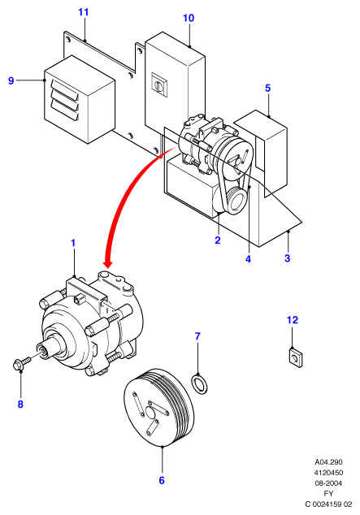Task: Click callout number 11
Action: [x=84, y=12]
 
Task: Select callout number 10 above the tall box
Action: [x=189, y=18]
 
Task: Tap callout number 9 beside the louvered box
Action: [x=11, y=80]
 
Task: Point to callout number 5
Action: [x=267, y=88]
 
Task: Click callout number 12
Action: [x=293, y=319]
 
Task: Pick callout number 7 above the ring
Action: [x=197, y=336]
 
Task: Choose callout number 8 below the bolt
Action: [x=20, y=404]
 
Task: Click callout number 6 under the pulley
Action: [x=162, y=480]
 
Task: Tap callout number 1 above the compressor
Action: [x=73, y=244]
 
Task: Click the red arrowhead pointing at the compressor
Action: [x=108, y=263]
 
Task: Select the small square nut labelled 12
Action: [x=296, y=357]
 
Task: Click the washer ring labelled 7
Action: [x=199, y=384]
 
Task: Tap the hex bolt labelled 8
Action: [x=22, y=363]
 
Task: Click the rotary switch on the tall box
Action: [x=159, y=84]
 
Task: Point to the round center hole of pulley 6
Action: [x=151, y=413]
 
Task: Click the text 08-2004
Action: [x=328, y=483]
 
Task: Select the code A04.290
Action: [x=328, y=461]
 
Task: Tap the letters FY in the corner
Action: [x=328, y=493]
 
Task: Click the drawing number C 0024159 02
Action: [x=328, y=504]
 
